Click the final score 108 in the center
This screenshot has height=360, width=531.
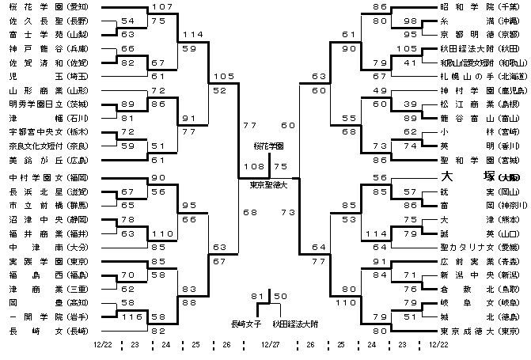(x=252, y=167)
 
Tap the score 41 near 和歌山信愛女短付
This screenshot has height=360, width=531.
(x=410, y=62)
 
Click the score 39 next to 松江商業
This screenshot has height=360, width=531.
(x=410, y=104)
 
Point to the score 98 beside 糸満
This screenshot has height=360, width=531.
(x=410, y=21)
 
